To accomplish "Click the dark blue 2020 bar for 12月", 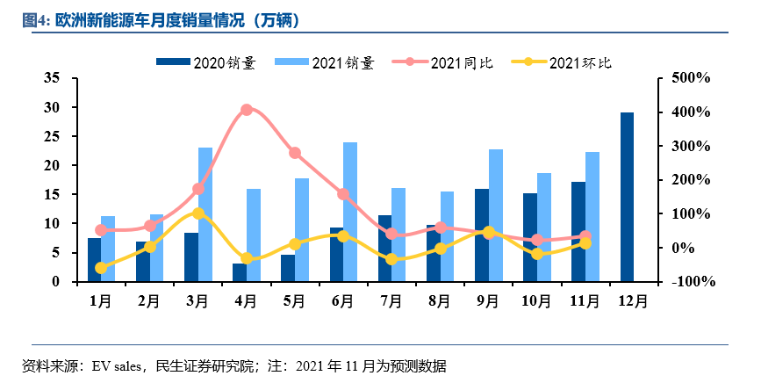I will tap(628, 197).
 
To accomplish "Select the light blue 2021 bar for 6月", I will tap(350, 212).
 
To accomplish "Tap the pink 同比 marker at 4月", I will tap(247, 110).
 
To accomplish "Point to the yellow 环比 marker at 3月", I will tap(198, 213).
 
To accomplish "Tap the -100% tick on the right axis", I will tap(689, 282).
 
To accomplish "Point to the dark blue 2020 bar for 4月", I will tap(240, 272).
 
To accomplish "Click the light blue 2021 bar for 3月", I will tap(205, 214).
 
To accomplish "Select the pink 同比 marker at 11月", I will tap(585, 236).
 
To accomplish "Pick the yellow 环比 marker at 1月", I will tap(101, 268).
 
